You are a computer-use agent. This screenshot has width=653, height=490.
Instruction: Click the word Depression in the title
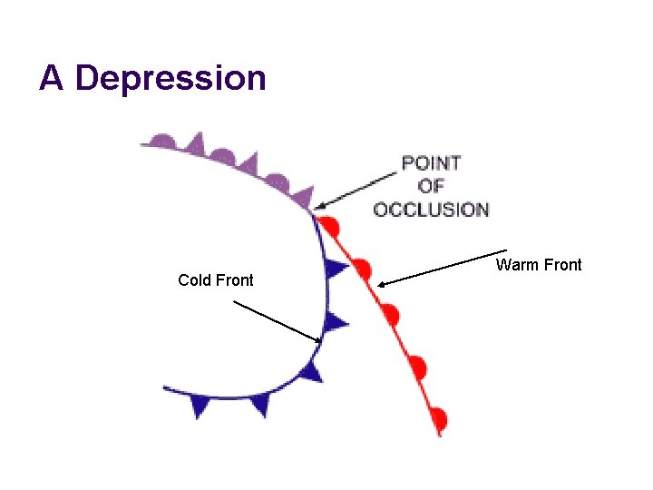[x=171, y=79]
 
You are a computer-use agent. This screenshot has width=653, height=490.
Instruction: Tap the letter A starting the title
[x=52, y=78]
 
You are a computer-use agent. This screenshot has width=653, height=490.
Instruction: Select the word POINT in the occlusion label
[x=432, y=163]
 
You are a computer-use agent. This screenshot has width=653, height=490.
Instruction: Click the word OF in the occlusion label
[x=432, y=186]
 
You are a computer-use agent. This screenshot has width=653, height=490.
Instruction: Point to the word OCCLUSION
[x=432, y=210]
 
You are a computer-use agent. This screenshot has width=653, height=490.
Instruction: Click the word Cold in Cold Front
[x=194, y=280]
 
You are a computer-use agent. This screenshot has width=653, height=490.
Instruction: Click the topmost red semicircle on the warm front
[x=332, y=225]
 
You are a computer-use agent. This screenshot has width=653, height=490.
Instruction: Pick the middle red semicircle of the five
[x=390, y=315]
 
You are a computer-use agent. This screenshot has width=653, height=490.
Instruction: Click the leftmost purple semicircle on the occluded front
[x=162, y=142]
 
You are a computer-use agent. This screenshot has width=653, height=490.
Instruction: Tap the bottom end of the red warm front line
[x=441, y=436]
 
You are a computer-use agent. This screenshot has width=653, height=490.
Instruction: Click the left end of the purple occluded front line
[x=142, y=144]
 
